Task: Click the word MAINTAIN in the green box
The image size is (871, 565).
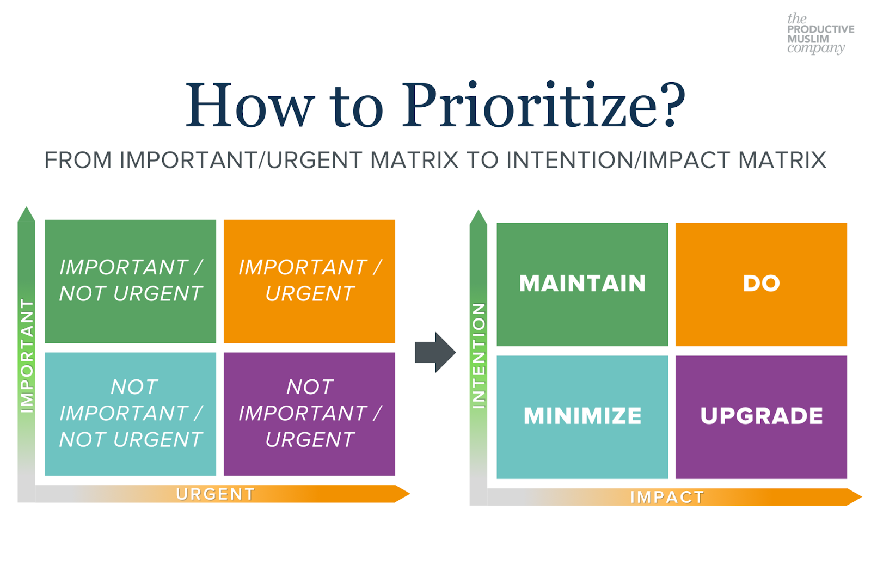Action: click(x=582, y=283)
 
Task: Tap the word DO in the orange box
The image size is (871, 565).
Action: click(x=762, y=283)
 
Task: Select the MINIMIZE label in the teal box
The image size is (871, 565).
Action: click(x=582, y=416)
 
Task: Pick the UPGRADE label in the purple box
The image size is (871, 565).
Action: click(x=762, y=416)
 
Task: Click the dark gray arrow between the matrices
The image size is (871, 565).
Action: click(x=435, y=352)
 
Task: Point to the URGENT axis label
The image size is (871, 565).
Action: click(x=216, y=494)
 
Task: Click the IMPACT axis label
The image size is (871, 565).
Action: click(x=667, y=497)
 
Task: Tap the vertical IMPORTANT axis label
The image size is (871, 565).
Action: click(x=27, y=356)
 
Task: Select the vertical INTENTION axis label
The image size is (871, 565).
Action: click(x=479, y=356)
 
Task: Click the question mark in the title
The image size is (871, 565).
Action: click(x=670, y=104)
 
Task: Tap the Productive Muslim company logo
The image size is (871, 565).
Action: click(x=820, y=33)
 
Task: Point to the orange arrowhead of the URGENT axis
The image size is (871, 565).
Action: click(x=402, y=494)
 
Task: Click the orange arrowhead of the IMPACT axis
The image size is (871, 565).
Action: click(x=855, y=497)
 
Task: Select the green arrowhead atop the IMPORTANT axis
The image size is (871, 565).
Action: click(x=27, y=214)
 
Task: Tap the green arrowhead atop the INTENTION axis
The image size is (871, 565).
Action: click(x=479, y=218)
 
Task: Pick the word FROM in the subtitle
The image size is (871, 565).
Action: click(x=78, y=160)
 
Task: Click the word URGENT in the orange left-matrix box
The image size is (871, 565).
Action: click(x=310, y=293)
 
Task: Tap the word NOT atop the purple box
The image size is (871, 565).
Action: click(x=310, y=387)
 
